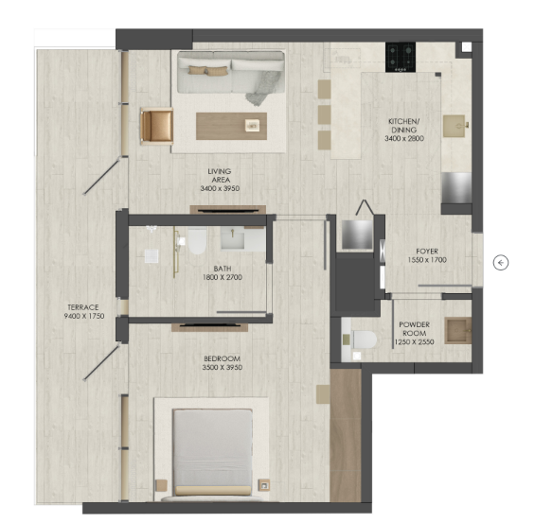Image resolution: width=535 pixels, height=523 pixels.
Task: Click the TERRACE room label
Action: tap(83, 307)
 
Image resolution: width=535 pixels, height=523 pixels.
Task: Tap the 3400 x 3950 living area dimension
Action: tap(220, 188)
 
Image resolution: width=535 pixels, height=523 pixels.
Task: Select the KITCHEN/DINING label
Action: tap(404, 126)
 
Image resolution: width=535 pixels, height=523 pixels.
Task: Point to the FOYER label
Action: tap(427, 252)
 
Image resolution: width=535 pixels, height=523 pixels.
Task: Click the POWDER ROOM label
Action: tap(414, 329)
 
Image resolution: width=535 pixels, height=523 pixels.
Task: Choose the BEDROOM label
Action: tap(223, 358)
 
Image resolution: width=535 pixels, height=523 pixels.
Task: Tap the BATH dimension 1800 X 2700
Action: tap(223, 277)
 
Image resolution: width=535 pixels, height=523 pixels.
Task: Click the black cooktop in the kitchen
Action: tap(401, 57)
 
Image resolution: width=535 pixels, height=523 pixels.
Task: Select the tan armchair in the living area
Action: tap(156, 126)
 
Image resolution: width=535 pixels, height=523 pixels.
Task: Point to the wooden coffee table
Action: tap(231, 126)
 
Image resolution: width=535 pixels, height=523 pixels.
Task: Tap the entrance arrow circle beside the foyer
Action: tap(501, 263)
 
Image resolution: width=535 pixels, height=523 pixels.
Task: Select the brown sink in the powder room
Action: tap(458, 330)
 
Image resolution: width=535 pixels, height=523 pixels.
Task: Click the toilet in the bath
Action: tap(197, 241)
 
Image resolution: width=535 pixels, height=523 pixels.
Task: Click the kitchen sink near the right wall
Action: tap(455, 126)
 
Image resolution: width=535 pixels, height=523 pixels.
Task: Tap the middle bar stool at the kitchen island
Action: tap(325, 114)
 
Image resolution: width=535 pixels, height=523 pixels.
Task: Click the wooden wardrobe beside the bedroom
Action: tap(346, 435)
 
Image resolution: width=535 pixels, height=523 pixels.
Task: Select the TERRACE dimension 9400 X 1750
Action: tap(84, 316)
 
